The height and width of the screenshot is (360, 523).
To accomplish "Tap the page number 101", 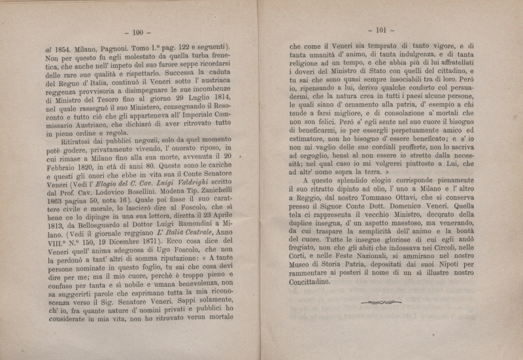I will click(379, 29).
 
